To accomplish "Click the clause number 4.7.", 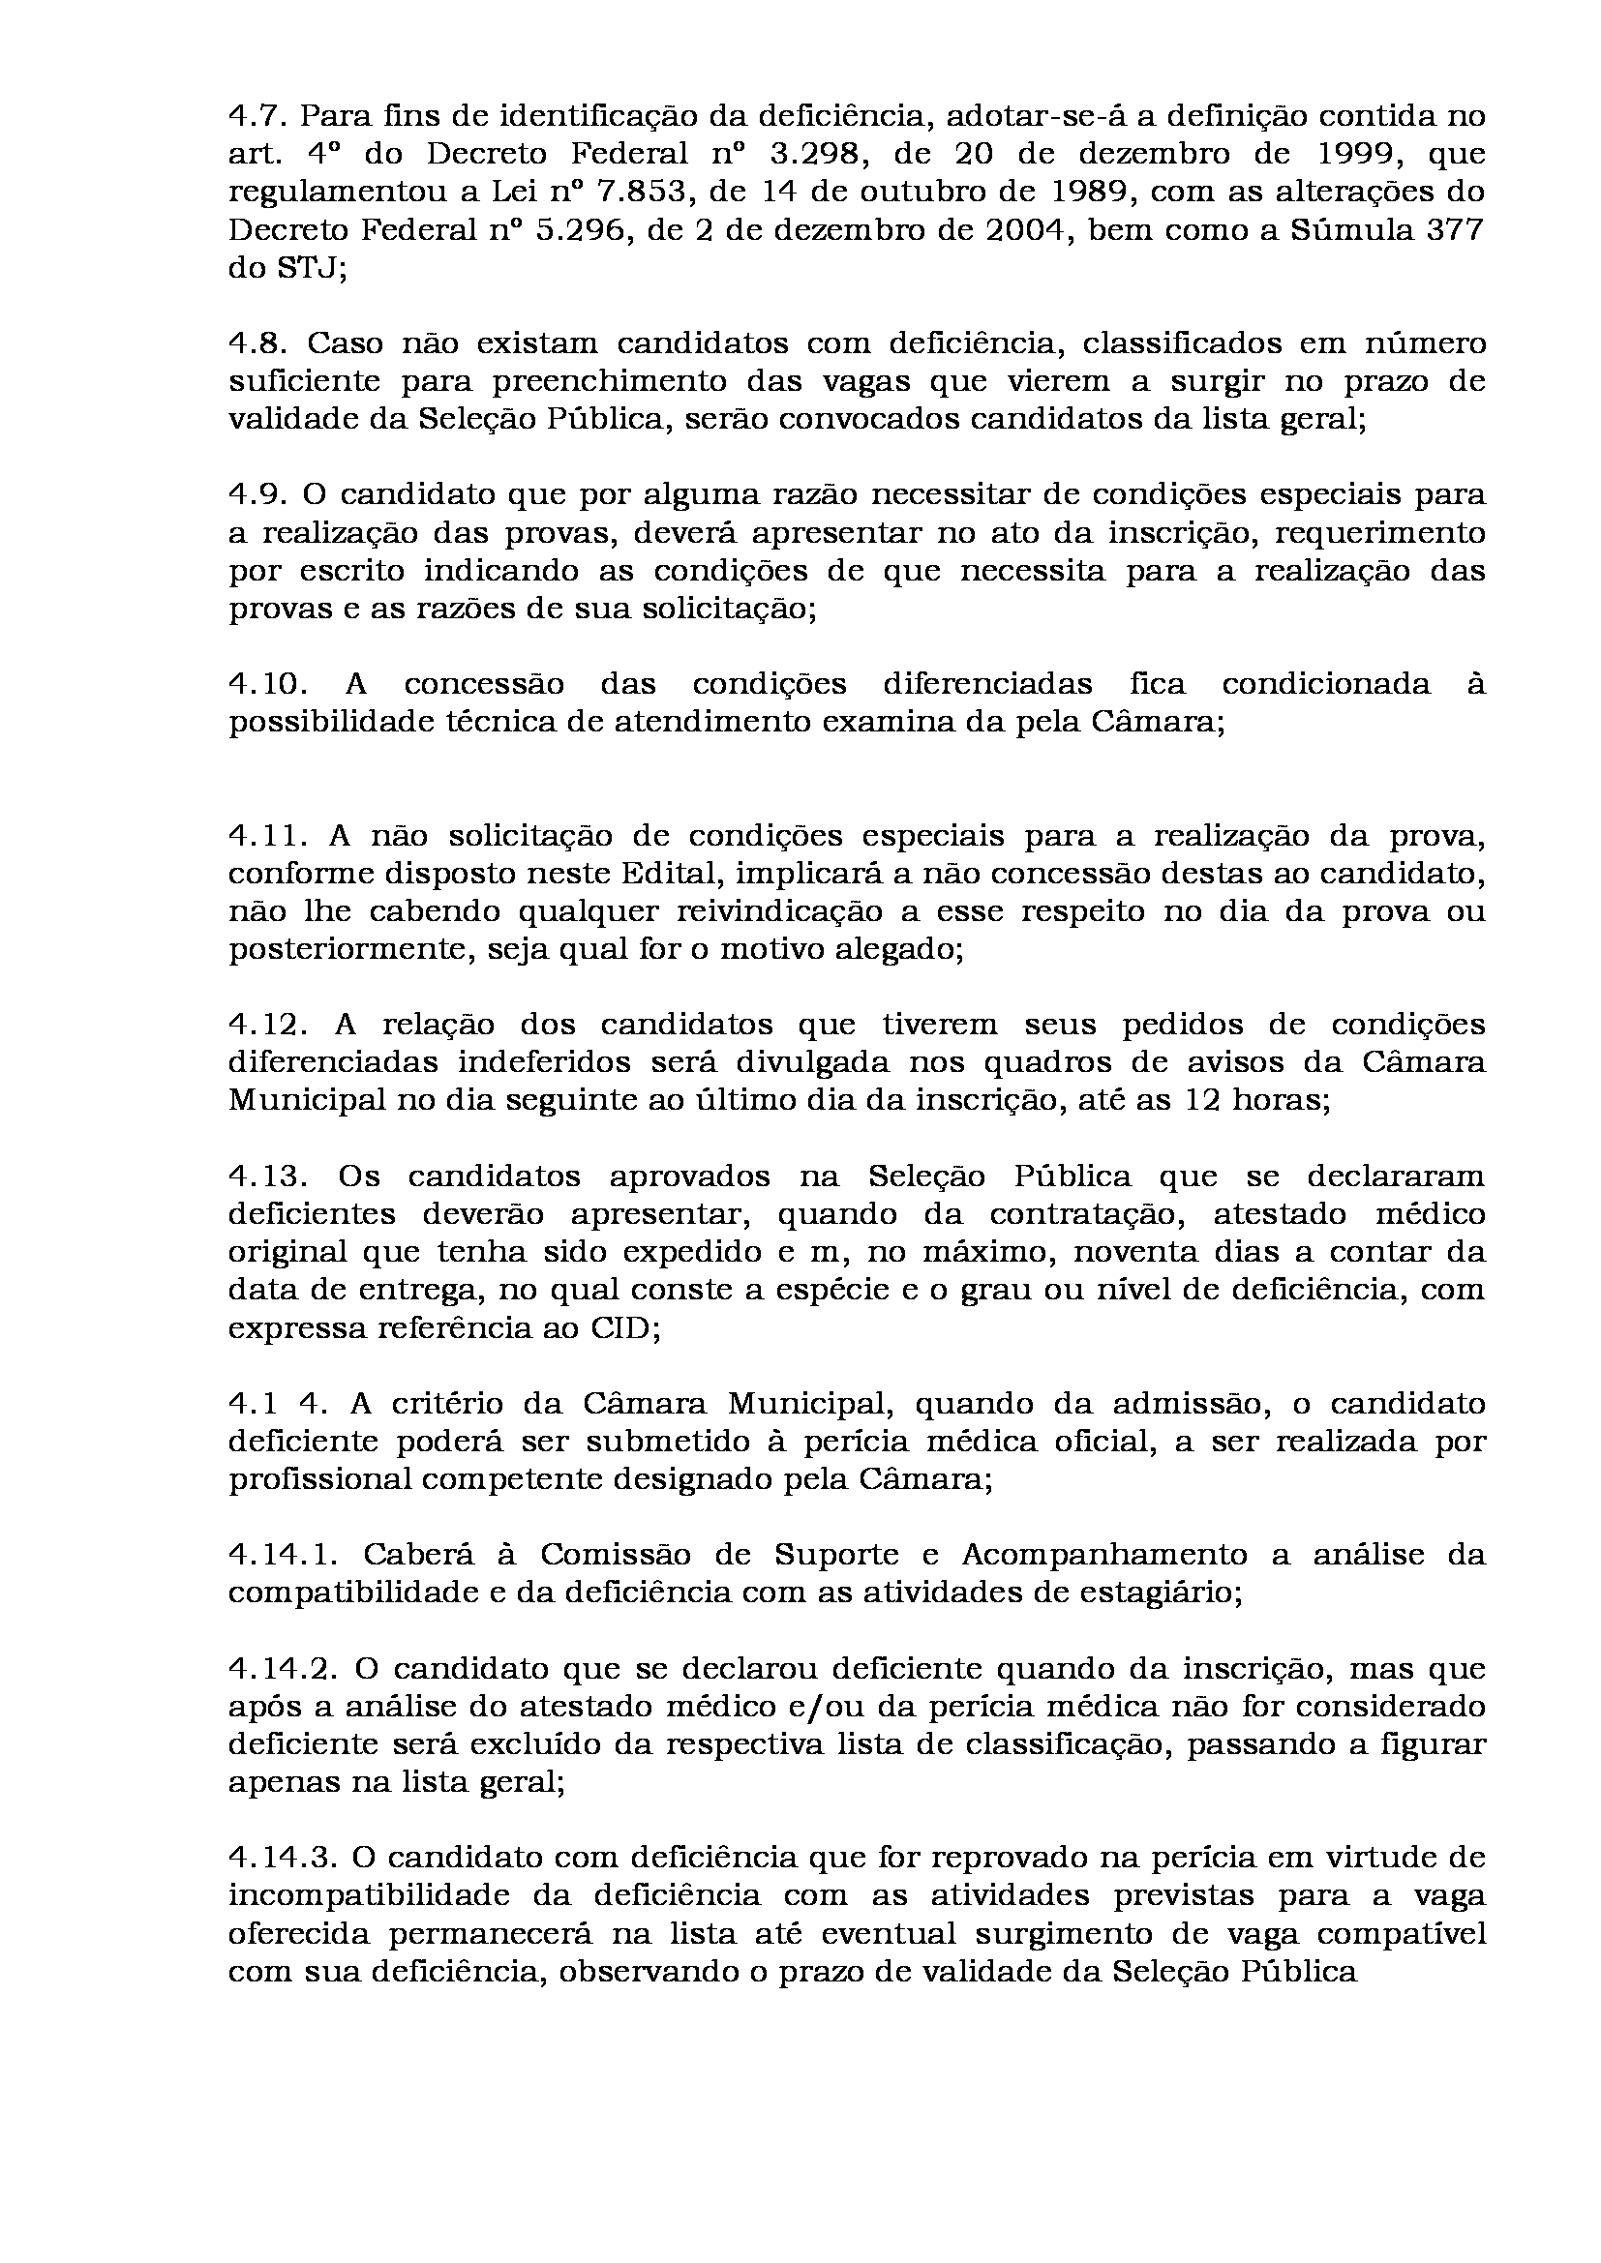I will coord(256,116).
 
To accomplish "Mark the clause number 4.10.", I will coord(265,684).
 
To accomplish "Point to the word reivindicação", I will coord(787,911).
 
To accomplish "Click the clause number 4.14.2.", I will coord(283,1668).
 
